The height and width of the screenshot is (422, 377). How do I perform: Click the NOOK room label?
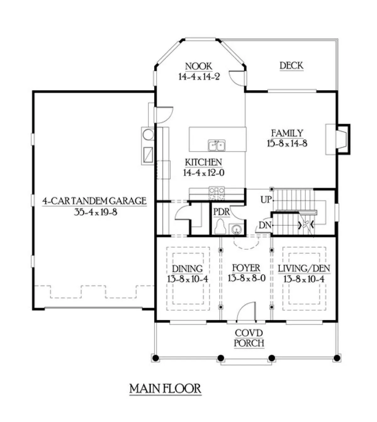[199, 66]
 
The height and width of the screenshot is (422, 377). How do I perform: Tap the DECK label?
[292, 66]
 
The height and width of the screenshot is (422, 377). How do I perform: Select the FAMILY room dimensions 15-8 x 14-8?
[287, 144]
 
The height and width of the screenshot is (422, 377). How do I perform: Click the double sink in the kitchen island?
[217, 145]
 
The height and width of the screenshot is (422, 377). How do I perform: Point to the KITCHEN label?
[203, 162]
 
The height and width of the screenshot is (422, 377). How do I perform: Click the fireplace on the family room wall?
[338, 139]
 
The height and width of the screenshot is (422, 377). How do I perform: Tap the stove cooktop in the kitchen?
[217, 193]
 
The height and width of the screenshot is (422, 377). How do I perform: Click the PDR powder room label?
[221, 212]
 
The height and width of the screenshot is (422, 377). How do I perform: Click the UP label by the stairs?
[266, 200]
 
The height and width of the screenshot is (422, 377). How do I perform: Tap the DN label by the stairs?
[265, 225]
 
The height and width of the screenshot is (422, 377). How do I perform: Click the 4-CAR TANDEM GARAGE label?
[94, 201]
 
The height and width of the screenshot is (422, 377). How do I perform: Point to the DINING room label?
[187, 268]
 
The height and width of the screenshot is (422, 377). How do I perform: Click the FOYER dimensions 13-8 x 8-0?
[247, 278]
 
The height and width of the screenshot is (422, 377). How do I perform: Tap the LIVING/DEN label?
[304, 268]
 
